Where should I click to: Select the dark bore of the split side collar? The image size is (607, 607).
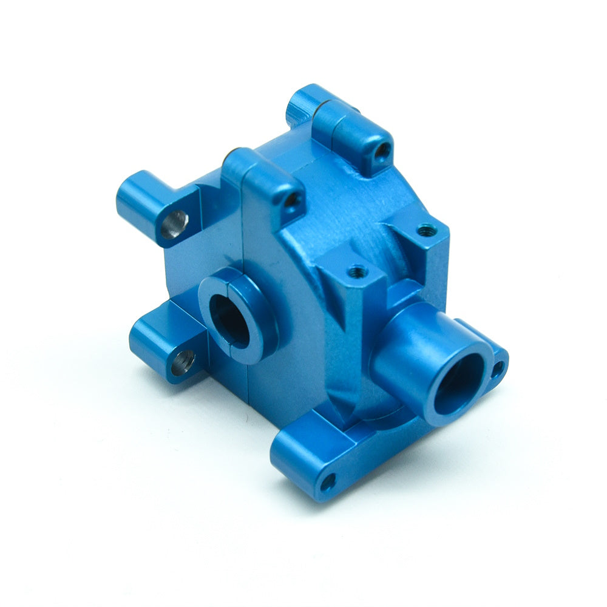pos(229,319)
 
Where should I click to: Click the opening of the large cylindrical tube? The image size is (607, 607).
pos(459,384)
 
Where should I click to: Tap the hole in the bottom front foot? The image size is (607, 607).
pos(328,483)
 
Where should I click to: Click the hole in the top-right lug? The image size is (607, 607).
pos(383,149)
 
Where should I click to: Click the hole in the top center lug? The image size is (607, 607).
pos(292,200)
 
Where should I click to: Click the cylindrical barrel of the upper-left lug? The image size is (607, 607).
pos(137,197)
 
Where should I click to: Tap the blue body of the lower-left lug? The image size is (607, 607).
pos(152,340)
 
